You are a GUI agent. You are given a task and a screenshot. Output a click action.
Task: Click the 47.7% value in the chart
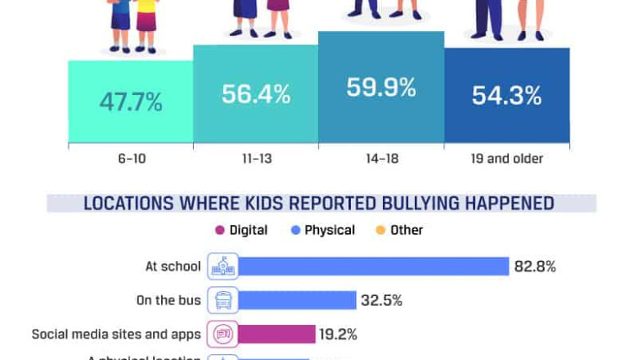131,102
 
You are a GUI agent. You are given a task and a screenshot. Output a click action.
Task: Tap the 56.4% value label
256,94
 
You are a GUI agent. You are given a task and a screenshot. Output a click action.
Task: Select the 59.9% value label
381,88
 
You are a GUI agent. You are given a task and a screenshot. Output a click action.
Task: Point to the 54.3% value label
506,96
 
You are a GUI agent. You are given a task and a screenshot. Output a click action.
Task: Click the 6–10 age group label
131,159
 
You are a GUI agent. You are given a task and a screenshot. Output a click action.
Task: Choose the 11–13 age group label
256,159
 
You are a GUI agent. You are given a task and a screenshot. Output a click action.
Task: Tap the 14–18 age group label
381,159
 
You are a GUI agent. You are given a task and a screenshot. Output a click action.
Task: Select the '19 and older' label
506,159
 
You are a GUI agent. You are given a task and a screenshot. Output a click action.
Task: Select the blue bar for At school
374,266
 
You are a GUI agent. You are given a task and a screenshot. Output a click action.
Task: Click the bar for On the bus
297,300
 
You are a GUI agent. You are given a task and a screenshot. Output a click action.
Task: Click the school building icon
222,266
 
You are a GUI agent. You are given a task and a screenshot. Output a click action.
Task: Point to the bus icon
222,300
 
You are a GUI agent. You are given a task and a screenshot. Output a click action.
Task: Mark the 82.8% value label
535,266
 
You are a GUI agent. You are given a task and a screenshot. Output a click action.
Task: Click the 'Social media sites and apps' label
116,334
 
